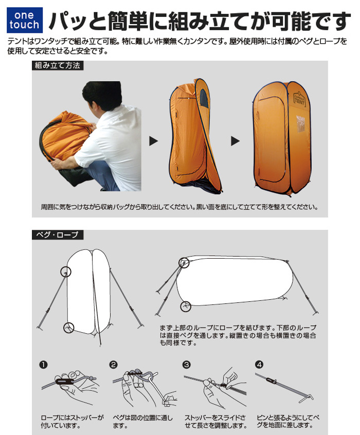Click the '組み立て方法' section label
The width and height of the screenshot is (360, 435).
pos(57,66)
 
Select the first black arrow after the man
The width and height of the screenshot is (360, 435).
pos(153,141)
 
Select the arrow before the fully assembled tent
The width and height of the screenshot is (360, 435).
pos(235,141)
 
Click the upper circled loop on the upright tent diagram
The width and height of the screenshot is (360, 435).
pos(65,271)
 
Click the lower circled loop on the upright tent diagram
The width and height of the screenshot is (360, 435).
pos(69,327)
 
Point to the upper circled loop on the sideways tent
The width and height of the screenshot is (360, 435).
pos(184,263)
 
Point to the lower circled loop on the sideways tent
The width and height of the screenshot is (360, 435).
pos(186,307)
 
